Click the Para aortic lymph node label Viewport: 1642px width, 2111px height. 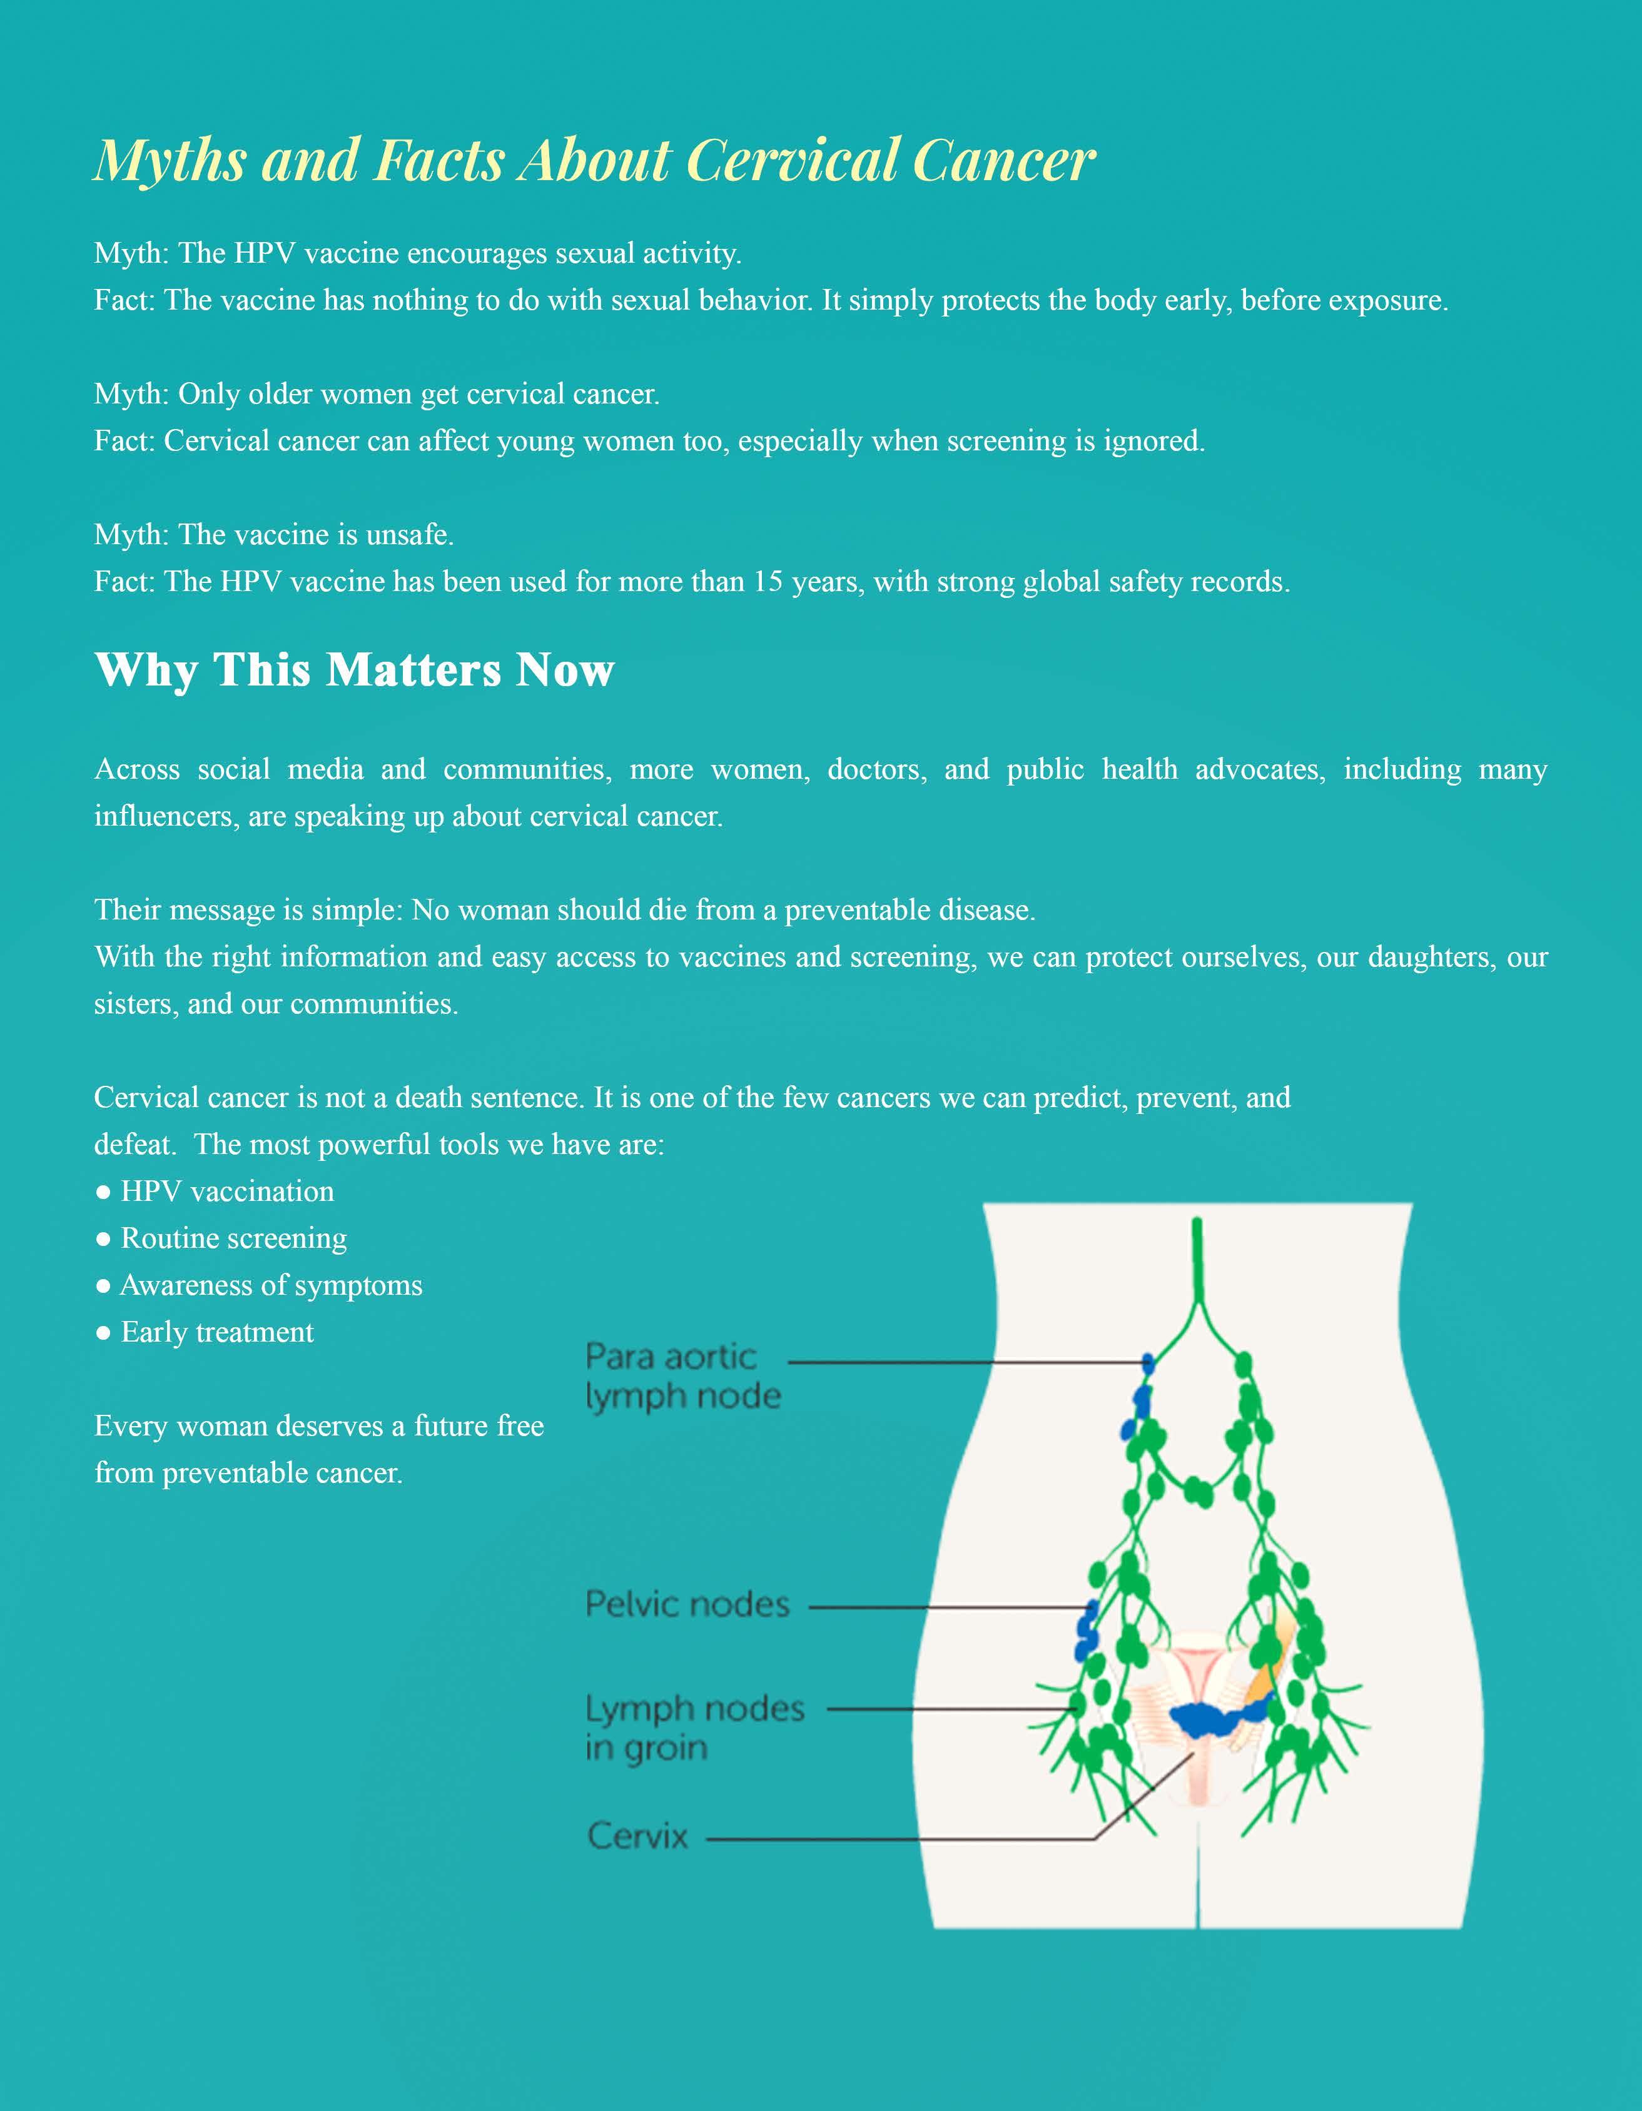682,1377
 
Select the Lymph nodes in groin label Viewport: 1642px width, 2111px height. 694,1728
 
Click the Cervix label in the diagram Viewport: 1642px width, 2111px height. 638,1836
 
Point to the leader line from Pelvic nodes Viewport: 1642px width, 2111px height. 947,1608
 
